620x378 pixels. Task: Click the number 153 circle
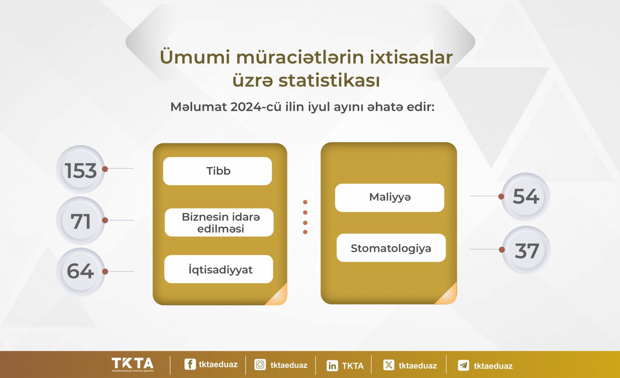[81, 169]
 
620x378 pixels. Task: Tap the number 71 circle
[81, 220]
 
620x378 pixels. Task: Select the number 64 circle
[81, 271]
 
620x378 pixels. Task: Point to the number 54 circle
[525, 197]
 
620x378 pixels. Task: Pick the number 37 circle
[526, 250]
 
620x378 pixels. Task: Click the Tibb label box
[217, 171]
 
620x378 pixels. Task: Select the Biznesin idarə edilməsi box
[219, 222]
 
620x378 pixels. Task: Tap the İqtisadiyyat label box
[219, 269]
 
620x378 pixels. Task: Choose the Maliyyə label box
[390, 198]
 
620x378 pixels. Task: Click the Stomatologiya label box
[391, 247]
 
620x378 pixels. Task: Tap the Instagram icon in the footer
[260, 365]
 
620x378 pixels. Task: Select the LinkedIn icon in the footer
[332, 366]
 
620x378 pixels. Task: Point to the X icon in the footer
[389, 365]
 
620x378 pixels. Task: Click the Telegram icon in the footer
[463, 365]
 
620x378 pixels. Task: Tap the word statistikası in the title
[329, 81]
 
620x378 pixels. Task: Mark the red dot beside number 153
[105, 169]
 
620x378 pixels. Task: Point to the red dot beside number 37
[502, 249]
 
